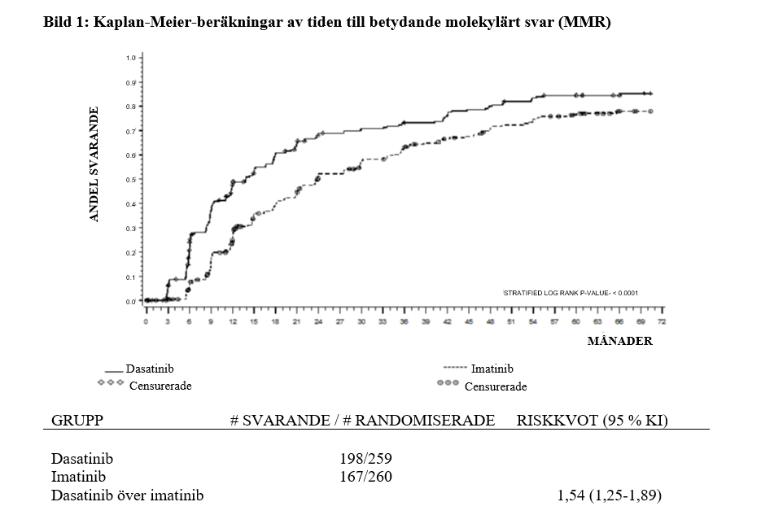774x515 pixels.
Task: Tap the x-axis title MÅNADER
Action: [x=619, y=341]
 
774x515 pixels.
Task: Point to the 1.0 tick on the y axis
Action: [x=130, y=58]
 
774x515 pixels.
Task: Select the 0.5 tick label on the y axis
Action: [x=130, y=180]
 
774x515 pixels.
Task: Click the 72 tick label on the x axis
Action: [x=662, y=322]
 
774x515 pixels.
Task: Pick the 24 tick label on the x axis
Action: [x=319, y=322]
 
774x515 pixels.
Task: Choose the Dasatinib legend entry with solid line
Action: [x=150, y=369]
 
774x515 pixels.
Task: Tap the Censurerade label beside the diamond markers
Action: [x=160, y=386]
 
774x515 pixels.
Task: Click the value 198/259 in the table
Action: [x=365, y=458]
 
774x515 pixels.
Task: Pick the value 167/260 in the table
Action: [x=365, y=477]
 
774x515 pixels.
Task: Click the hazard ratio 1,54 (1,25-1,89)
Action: [x=610, y=495]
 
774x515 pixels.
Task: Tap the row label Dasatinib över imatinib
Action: [x=127, y=495]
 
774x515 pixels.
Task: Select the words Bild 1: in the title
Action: [x=64, y=22]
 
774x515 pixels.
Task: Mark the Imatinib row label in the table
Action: [x=78, y=477]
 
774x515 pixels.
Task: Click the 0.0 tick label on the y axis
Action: [x=130, y=302]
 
